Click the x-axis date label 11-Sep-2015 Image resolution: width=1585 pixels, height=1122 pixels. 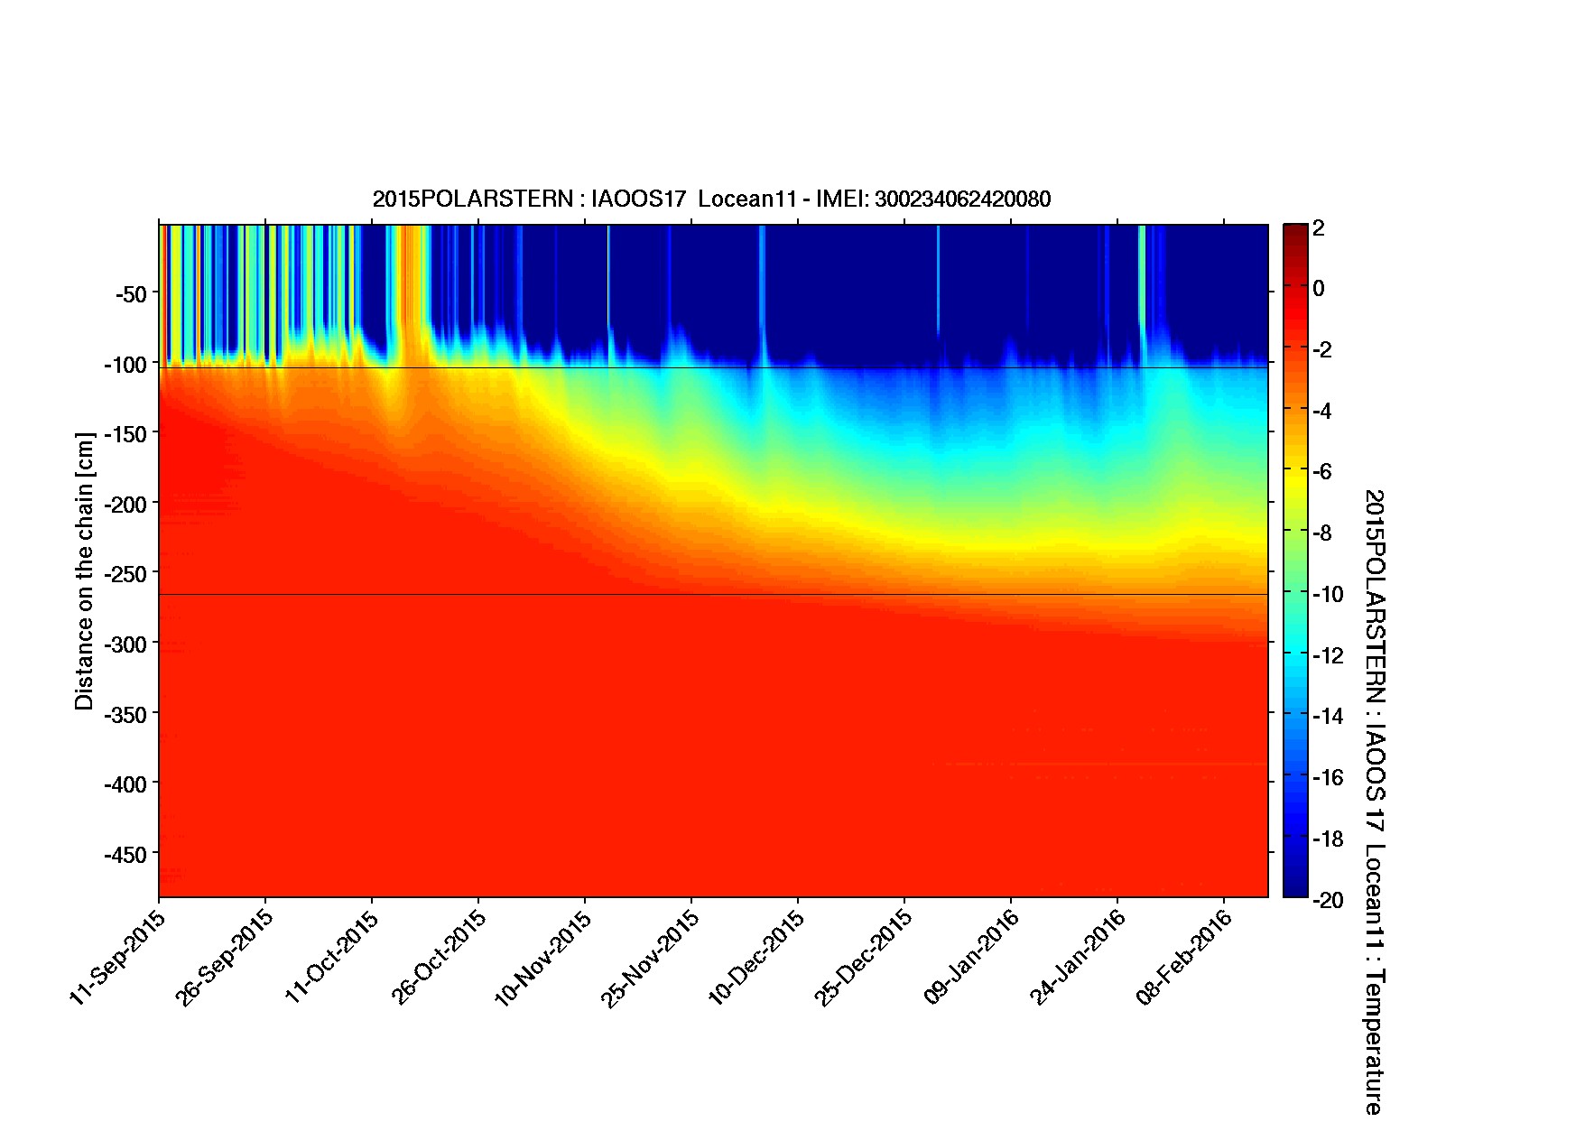coord(117,957)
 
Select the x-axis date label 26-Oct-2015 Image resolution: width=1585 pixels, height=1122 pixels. coord(439,957)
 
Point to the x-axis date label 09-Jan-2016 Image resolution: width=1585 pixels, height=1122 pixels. coord(971,957)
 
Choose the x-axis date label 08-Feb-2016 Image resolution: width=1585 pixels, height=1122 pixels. coord(1184,957)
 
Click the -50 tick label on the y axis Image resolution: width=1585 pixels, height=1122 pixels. coord(132,294)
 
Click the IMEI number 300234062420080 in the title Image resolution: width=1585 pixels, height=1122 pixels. coord(962,199)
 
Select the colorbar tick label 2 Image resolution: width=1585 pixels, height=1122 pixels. coord(1319,228)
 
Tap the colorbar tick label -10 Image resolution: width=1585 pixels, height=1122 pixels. coord(1327,595)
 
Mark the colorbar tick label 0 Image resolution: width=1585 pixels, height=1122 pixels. coord(1319,289)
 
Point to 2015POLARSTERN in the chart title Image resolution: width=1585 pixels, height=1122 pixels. coord(472,199)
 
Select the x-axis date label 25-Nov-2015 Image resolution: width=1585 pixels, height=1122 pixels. coord(650,957)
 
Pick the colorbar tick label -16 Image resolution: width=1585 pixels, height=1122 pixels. coord(1327,778)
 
